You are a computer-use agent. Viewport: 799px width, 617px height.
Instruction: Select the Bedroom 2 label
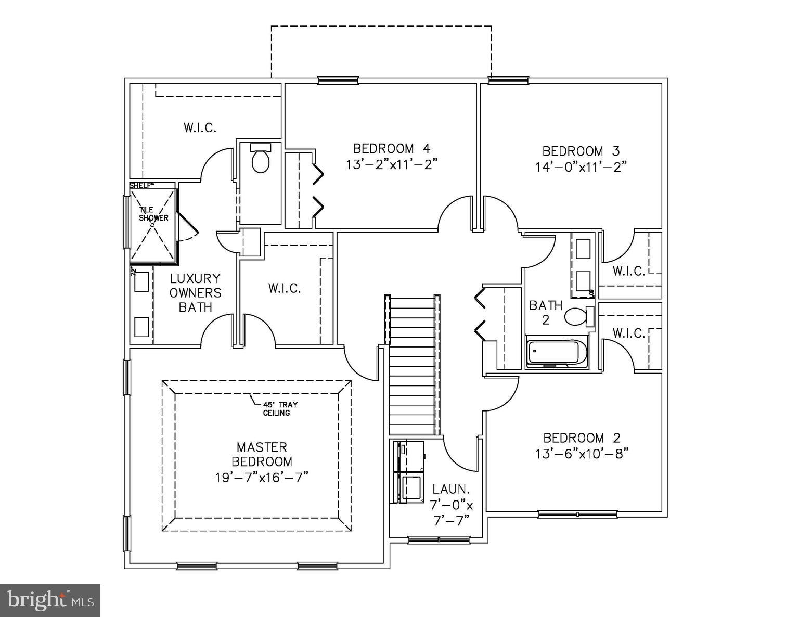point(582,438)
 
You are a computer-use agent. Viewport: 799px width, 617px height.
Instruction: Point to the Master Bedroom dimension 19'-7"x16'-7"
point(262,477)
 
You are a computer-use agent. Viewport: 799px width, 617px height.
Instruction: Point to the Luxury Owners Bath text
point(195,293)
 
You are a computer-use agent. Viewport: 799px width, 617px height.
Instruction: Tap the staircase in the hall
point(412,364)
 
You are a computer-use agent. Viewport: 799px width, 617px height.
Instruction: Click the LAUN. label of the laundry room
point(451,490)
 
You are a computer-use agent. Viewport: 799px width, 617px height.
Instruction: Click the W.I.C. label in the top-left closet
point(200,127)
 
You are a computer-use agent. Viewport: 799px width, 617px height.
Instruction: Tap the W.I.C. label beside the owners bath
point(285,288)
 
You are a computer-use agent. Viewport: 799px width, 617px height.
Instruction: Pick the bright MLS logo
point(50,601)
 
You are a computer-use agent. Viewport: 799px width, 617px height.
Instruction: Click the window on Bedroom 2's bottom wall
point(577,515)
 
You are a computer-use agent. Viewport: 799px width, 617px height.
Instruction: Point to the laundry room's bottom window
point(440,541)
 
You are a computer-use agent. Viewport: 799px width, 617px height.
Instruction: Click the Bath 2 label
point(546,312)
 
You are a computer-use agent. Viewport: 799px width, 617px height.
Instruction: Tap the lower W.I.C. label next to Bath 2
point(628,332)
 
